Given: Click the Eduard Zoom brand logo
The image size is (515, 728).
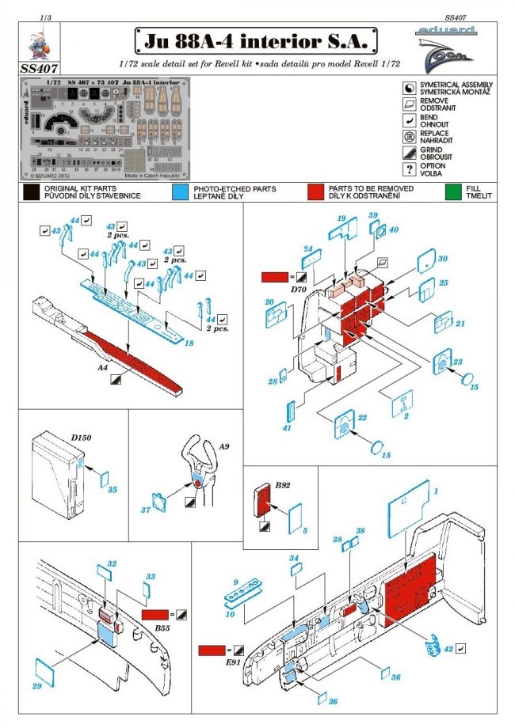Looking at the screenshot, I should [x=443, y=47].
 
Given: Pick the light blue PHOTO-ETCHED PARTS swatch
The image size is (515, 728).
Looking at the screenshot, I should [x=180, y=191].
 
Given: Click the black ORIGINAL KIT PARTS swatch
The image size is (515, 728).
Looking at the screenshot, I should [x=31, y=191].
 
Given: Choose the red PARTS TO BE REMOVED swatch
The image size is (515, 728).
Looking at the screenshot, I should [x=317, y=191].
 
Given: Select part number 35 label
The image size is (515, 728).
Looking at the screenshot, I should [x=112, y=490].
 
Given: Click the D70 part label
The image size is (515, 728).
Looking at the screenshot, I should [x=276, y=290].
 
